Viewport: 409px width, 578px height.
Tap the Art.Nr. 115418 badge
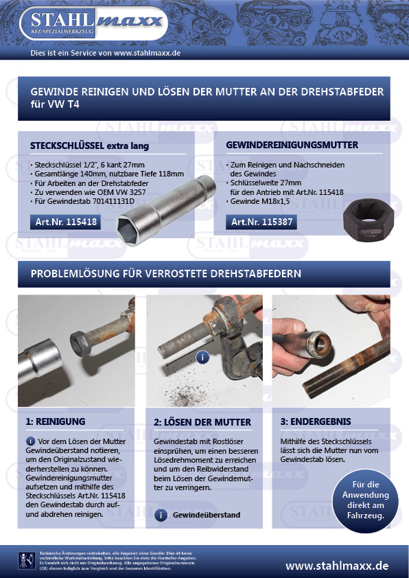66,222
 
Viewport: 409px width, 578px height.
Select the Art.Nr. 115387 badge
261,222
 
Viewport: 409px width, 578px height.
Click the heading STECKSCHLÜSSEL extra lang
89,146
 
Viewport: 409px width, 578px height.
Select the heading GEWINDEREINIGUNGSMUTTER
292,146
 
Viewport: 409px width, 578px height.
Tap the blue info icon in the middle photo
202,357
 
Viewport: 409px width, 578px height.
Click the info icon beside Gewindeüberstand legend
160,515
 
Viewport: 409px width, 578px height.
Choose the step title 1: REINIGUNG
55,421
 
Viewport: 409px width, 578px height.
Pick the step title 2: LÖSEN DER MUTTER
203,421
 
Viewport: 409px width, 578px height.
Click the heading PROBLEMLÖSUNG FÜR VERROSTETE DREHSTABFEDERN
166,274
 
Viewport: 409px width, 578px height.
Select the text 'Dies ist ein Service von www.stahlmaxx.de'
106,53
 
